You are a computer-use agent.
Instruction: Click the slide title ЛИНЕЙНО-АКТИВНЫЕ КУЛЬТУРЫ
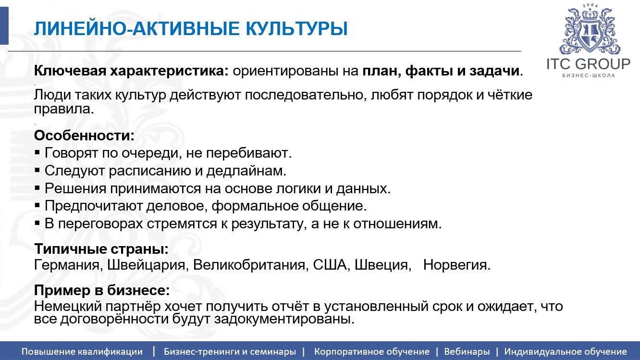[190, 29]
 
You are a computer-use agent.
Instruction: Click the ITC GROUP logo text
[588, 64]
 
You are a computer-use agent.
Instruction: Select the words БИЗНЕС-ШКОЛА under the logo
[588, 76]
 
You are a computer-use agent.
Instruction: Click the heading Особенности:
[84, 136]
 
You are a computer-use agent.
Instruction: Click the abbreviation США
[330, 265]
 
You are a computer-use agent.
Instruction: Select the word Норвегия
[456, 265]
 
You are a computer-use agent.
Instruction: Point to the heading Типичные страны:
[101, 250]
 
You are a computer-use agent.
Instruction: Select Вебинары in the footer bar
[467, 351]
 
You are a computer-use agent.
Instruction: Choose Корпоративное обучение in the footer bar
[371, 351]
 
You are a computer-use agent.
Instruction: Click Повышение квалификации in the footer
[82, 351]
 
